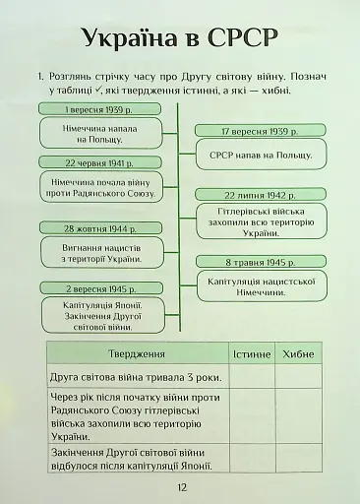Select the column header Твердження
[136, 354]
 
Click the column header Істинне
[251, 354]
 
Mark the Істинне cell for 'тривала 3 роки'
[251, 377]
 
